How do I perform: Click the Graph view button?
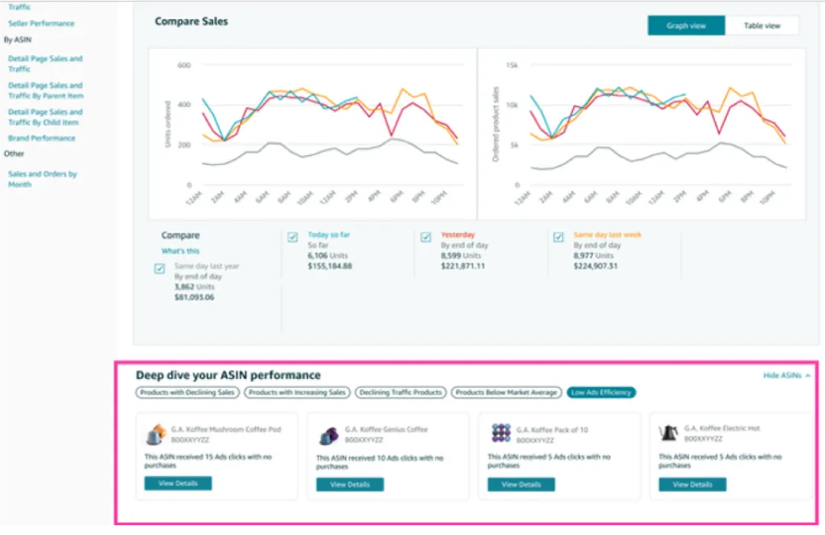tap(686, 25)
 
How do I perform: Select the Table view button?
tap(762, 25)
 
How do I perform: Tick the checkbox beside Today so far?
tap(293, 237)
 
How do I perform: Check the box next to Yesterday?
tap(425, 237)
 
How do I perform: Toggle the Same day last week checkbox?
tap(558, 237)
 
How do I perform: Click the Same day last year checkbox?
tap(160, 268)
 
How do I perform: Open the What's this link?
tap(180, 251)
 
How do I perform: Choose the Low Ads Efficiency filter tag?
tap(601, 392)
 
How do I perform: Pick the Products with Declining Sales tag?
tap(188, 392)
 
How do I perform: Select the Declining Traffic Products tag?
tap(401, 392)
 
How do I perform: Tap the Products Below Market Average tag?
tap(506, 392)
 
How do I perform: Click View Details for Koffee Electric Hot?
tap(692, 484)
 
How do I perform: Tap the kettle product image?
tap(669, 433)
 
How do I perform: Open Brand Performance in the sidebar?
tap(41, 138)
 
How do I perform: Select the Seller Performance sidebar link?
tap(41, 24)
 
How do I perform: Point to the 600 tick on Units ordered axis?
tap(183, 65)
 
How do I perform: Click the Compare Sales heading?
tap(191, 21)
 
